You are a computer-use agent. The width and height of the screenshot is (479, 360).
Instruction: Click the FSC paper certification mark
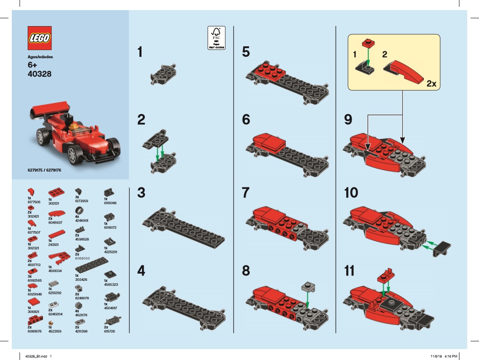(x=217, y=38)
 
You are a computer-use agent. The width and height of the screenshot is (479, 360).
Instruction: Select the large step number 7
(x=246, y=193)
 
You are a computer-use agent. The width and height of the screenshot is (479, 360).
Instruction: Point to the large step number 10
(x=351, y=193)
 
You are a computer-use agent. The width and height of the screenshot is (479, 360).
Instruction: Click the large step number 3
(x=141, y=193)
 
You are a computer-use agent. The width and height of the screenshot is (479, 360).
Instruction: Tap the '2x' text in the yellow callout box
(x=431, y=84)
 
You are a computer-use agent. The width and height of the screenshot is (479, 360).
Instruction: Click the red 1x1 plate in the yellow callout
(x=368, y=43)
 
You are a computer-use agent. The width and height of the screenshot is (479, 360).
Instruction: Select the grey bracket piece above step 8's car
(x=308, y=288)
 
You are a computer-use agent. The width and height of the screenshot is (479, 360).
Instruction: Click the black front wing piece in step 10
(x=443, y=248)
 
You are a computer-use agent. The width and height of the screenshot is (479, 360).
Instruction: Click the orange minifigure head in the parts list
(x=51, y=323)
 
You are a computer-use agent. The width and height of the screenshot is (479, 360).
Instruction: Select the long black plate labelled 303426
(x=91, y=264)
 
